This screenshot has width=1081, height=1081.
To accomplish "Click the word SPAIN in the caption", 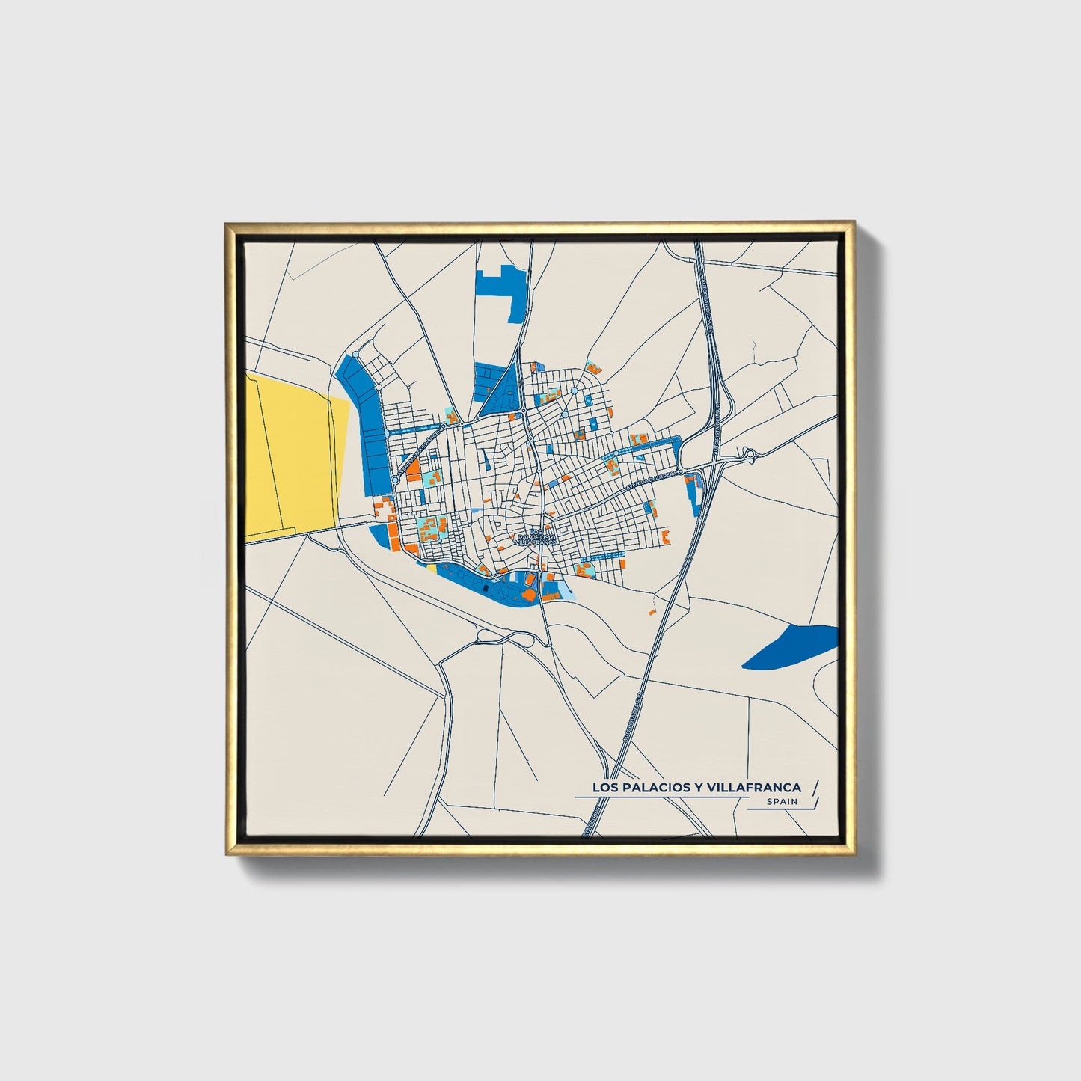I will [x=782, y=802].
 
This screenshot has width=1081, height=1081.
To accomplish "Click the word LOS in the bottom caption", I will [x=604, y=787].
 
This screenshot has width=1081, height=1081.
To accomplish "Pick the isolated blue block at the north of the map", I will [x=501, y=289].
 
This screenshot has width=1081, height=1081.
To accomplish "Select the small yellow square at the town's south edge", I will [x=432, y=568].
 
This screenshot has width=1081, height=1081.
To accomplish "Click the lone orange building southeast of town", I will [x=651, y=612].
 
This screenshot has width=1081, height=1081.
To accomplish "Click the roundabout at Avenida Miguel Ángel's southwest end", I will [x=394, y=480].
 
